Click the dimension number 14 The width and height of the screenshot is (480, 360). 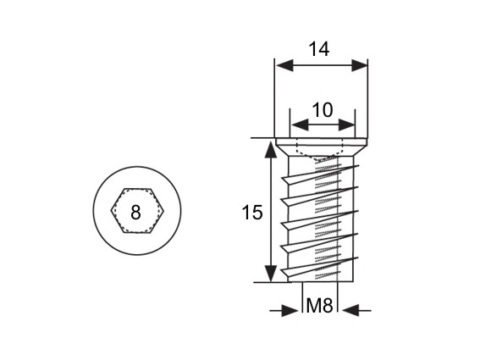pos(319,49)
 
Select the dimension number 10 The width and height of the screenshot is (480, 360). pos(323,110)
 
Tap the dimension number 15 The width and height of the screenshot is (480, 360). pos(252,212)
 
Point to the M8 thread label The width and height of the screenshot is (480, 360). pos(320,306)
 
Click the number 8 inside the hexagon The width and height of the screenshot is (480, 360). pos(135,212)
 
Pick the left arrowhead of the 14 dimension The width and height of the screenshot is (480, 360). pos(284,65)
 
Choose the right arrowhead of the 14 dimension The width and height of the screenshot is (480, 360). pos(359,65)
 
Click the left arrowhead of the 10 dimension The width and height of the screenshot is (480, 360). pos(300,125)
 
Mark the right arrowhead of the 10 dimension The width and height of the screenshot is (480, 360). pos(346,125)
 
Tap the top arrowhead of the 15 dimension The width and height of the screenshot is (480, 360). pos(270,149)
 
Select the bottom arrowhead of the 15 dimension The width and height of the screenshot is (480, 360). pos(270,274)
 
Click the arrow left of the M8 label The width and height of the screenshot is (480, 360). pos(284,310)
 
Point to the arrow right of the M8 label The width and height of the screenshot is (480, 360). pos(356,310)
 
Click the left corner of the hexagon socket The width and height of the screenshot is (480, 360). pos(111,210)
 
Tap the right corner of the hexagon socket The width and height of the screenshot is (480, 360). pos(164,210)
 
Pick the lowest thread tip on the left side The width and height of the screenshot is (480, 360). pos(281,269)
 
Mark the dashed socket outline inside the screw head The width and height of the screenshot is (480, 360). pos(319,155)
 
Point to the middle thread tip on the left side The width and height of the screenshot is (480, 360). pos(281,224)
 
